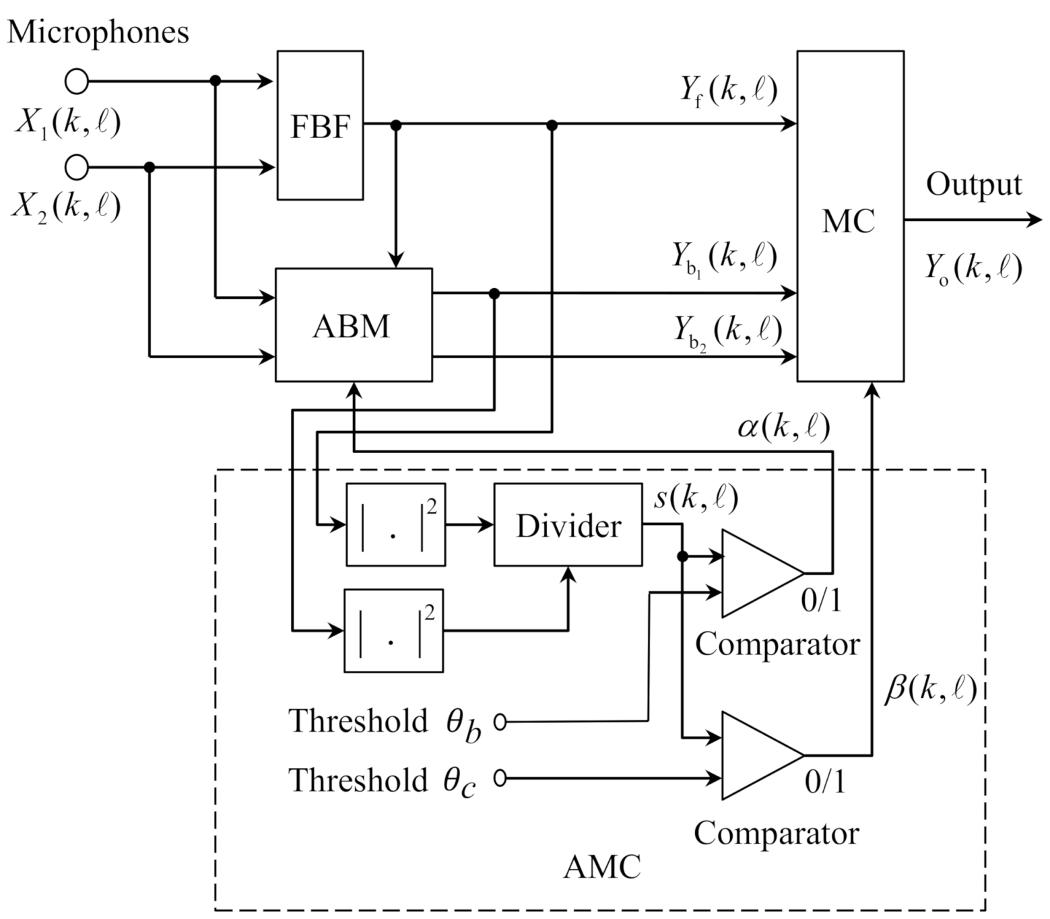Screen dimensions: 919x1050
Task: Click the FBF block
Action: pos(320,125)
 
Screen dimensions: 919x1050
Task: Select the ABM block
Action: pos(353,325)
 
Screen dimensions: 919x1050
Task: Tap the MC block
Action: pos(850,216)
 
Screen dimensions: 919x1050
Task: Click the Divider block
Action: pos(568,525)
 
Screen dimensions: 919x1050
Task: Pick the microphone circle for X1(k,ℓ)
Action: pos(77,81)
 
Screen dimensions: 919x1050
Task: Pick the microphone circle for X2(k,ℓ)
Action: pos(77,167)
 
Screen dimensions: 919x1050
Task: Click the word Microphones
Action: pos(98,32)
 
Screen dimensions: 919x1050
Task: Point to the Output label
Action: pos(973,184)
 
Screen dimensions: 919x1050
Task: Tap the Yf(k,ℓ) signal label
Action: pos(727,91)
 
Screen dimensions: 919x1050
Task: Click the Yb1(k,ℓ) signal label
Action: pos(723,258)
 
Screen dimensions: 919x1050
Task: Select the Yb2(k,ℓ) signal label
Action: pos(727,331)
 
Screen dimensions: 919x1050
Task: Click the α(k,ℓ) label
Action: pos(783,427)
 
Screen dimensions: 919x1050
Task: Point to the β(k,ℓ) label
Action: pos(929,689)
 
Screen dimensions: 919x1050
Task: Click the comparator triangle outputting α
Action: pos(758,574)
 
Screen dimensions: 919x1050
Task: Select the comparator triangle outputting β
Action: pos(758,755)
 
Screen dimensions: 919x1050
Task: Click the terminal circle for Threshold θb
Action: pos(500,722)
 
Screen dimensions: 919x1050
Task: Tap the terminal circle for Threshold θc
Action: pos(500,778)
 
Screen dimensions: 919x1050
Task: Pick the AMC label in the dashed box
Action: pos(601,867)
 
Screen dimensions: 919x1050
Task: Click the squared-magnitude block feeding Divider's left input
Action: pos(395,524)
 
